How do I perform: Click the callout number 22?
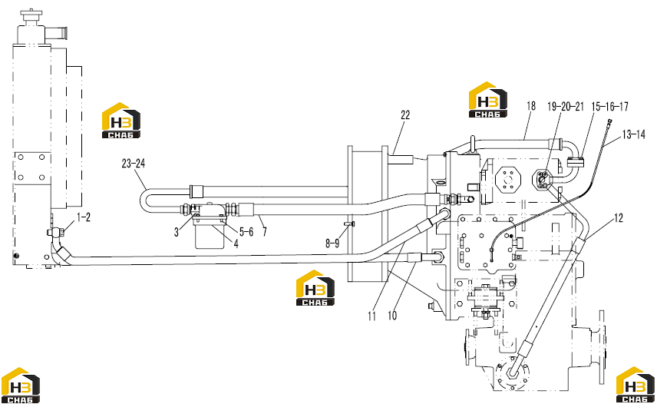pos(405,115)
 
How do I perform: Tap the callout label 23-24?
pos(134,164)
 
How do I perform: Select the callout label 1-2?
pos(84,217)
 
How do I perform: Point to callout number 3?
pos(177,232)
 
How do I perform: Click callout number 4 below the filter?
pos(236,244)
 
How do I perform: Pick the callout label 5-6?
pos(246,232)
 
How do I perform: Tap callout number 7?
pos(264,232)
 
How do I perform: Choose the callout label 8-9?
pos(332,243)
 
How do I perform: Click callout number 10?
pos(392,315)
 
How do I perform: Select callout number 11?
pos(371,316)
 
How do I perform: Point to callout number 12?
pos(619,217)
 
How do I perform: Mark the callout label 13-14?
pos(633,134)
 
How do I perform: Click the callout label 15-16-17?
pos(609,107)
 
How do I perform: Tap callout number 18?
pos(531,106)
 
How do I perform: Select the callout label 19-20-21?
pos(565,107)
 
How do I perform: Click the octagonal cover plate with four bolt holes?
pos(508,180)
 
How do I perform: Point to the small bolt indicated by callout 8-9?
pos(349,224)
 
